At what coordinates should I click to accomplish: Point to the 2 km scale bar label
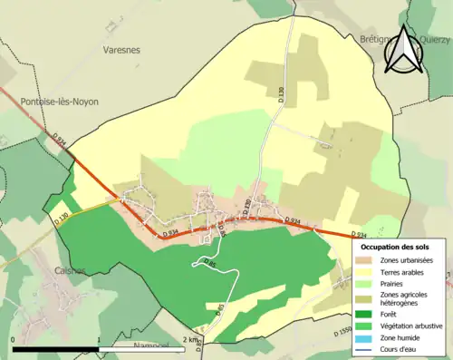[188, 340]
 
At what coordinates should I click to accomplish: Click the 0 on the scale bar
[14, 340]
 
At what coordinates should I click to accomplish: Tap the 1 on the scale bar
[98, 340]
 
